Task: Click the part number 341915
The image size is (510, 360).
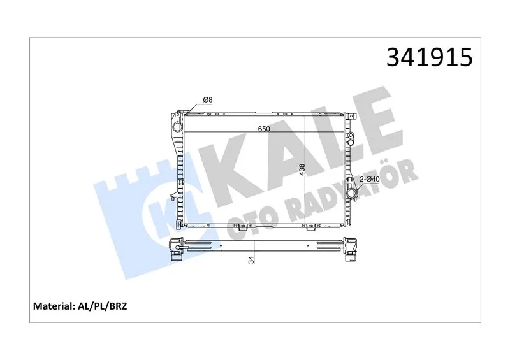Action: click(429, 57)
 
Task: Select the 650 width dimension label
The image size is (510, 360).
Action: click(264, 129)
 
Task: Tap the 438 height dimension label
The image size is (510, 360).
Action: click(302, 169)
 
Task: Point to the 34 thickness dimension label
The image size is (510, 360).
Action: click(251, 259)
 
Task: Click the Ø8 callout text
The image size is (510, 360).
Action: click(208, 100)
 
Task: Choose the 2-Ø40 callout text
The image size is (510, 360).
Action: click(370, 179)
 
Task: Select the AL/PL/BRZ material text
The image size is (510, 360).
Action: click(101, 306)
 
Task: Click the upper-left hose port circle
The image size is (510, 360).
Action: click(177, 126)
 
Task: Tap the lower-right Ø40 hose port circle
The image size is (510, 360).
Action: click(352, 193)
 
